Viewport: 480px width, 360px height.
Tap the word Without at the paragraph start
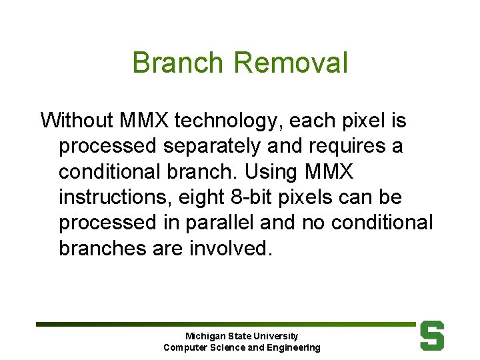pyautogui.click(x=77, y=121)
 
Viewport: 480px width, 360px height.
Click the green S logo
pyautogui.click(x=432, y=335)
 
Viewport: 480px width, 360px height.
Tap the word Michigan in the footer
pyautogui.click(x=205, y=337)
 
